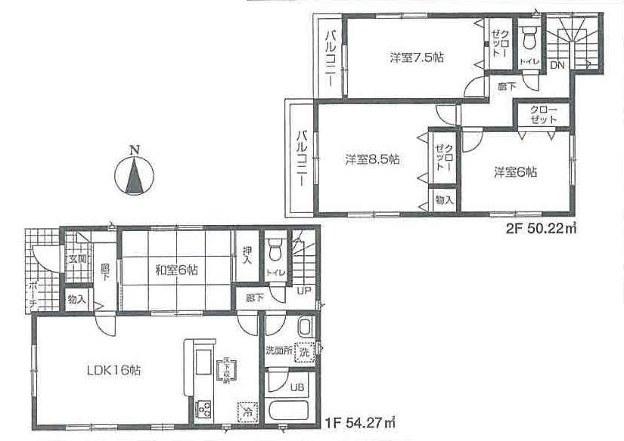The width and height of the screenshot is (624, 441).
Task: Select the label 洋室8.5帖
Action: pyautogui.click(x=373, y=159)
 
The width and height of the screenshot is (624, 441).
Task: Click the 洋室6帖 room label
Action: pyautogui.click(x=516, y=172)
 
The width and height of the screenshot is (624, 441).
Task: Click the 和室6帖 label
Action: pyautogui.click(x=178, y=270)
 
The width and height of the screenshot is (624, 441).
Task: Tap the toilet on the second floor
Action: pyautogui.click(x=530, y=37)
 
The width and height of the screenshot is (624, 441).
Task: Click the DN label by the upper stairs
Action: pyautogui.click(x=557, y=66)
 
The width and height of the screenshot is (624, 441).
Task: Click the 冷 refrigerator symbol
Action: pyautogui.click(x=247, y=412)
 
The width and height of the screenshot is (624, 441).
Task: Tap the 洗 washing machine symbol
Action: pyautogui.click(x=303, y=350)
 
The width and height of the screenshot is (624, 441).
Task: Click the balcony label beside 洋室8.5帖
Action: pyautogui.click(x=300, y=158)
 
